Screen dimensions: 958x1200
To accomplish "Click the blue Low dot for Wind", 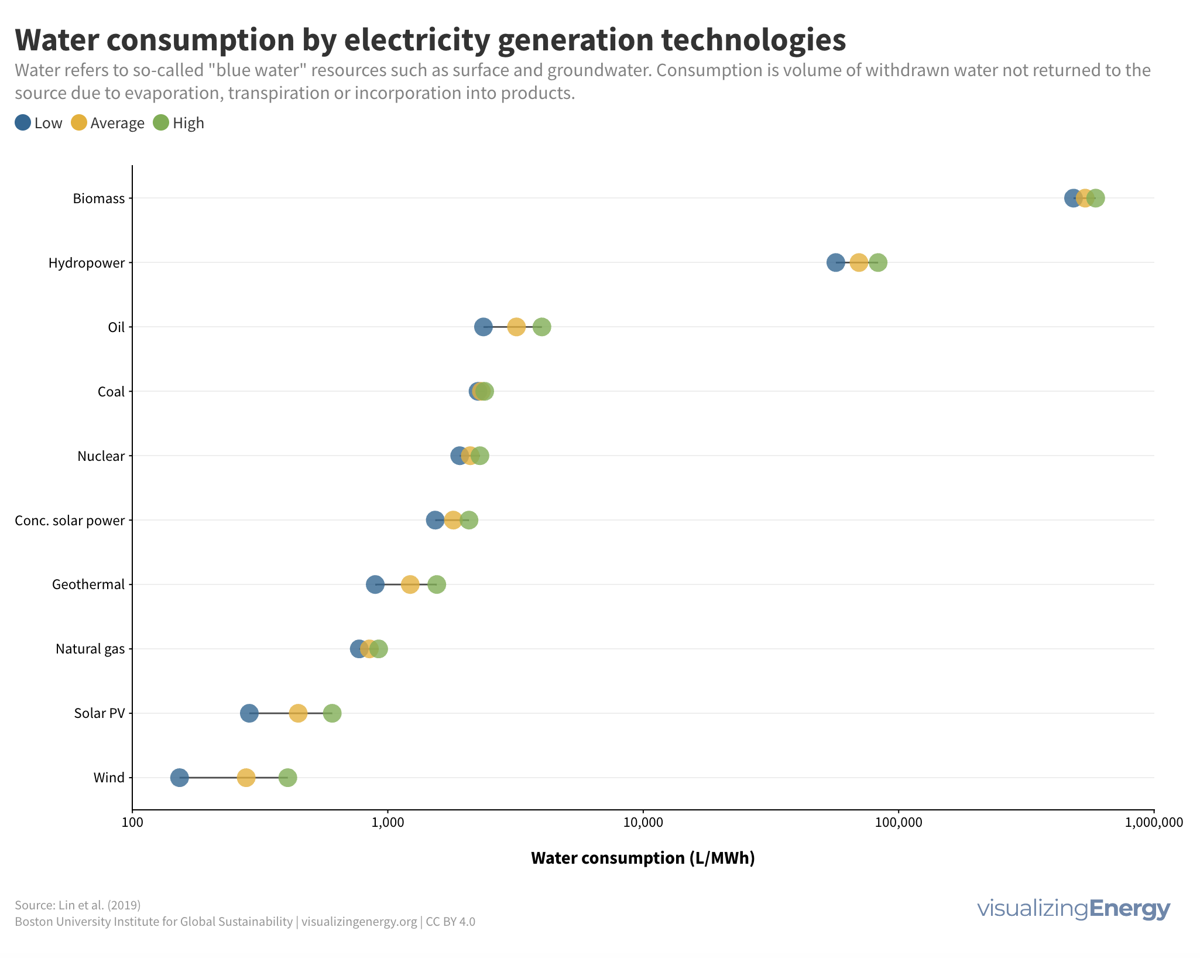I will (x=179, y=778).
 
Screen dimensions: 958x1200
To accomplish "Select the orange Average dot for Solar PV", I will (x=298, y=713).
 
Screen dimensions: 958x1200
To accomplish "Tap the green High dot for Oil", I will (x=542, y=327).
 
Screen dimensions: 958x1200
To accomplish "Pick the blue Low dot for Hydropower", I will (x=835, y=262).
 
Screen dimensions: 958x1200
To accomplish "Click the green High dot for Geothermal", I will (x=437, y=584).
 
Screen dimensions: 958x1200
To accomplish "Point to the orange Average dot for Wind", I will (x=246, y=778).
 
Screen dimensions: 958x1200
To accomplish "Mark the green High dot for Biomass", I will (x=1096, y=198).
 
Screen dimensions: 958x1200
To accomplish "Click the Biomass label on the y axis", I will (x=99, y=199).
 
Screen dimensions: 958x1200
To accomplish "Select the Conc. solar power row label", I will (x=70, y=521).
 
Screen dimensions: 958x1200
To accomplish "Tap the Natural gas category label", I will (x=90, y=649).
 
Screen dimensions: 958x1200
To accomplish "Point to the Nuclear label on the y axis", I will (x=101, y=456).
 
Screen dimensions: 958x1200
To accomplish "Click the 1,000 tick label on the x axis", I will (x=388, y=822).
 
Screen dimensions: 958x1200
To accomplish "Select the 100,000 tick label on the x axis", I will (x=899, y=822).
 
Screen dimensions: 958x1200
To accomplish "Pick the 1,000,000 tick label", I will (x=1153, y=822).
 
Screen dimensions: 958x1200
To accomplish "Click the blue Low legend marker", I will (x=23, y=122).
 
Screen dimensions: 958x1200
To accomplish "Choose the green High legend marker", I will (x=161, y=122).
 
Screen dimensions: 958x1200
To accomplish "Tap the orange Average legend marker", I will (x=79, y=122).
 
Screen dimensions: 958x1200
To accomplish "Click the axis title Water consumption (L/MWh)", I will (x=643, y=858).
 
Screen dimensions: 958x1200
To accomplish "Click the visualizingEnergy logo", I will (x=1073, y=908).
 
